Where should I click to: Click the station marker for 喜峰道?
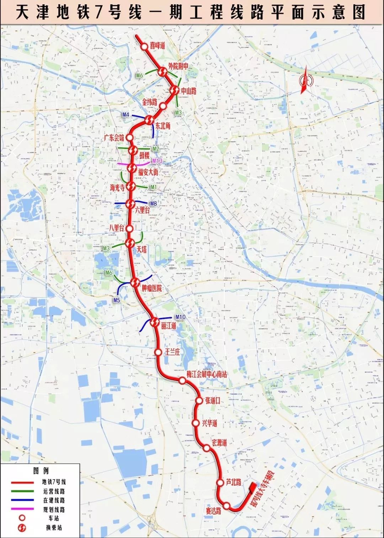point(144,47)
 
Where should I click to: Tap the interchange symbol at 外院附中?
point(162,72)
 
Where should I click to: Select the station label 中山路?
point(188,91)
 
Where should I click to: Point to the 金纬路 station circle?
point(163,106)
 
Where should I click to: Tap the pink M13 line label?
point(157,161)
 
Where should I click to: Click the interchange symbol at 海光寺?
point(131,186)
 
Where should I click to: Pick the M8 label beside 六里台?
point(153,204)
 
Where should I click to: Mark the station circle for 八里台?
point(130,228)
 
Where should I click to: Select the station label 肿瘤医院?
point(152,288)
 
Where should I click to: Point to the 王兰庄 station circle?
point(158,352)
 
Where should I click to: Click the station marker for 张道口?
point(199,401)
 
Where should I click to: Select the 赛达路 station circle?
point(226,506)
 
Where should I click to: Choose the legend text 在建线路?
point(54,500)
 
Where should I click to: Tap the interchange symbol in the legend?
point(22,528)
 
